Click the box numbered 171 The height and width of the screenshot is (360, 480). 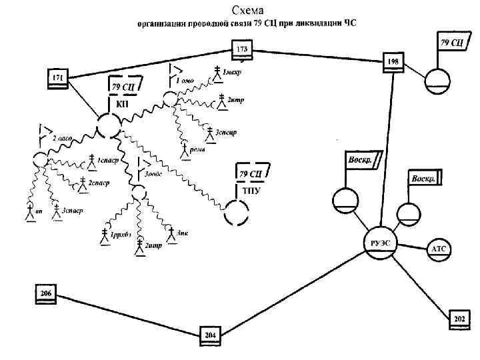click(x=57, y=79)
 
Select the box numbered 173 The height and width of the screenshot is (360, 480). click(x=241, y=49)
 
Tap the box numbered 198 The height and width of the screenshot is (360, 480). click(x=393, y=61)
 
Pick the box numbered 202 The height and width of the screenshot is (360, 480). click(x=459, y=319)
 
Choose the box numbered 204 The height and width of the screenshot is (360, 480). click(x=210, y=335)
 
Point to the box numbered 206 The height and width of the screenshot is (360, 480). click(x=45, y=293)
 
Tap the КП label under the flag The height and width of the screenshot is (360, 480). click(x=123, y=104)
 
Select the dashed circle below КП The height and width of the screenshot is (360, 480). click(x=108, y=125)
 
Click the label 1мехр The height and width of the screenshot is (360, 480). click(x=233, y=73)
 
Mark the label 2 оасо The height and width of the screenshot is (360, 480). click(x=61, y=139)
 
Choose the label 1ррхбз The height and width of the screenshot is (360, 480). click(x=121, y=235)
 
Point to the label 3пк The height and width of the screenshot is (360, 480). click(x=183, y=233)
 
